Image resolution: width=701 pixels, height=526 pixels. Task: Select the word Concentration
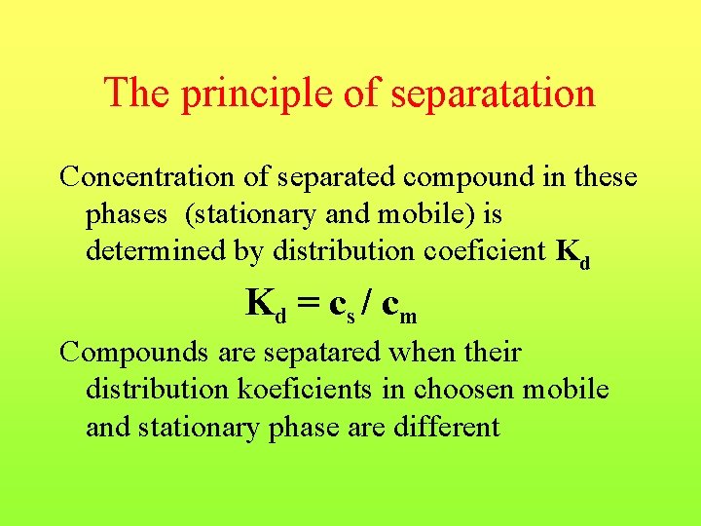pyautogui.click(x=144, y=177)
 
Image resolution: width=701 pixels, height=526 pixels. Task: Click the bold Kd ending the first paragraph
pyautogui.click(x=572, y=253)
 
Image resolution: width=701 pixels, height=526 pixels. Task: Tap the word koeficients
pyautogui.click(x=293, y=390)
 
